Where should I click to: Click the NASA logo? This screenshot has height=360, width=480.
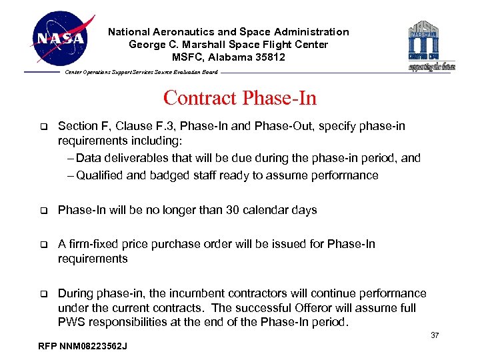[x=61, y=38]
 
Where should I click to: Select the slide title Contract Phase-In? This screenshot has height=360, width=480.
[x=239, y=98]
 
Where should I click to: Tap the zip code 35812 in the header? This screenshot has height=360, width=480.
[x=271, y=57]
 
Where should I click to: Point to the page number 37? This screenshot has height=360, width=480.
[x=435, y=335]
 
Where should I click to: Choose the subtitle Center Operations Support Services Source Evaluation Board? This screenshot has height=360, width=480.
[x=141, y=72]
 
